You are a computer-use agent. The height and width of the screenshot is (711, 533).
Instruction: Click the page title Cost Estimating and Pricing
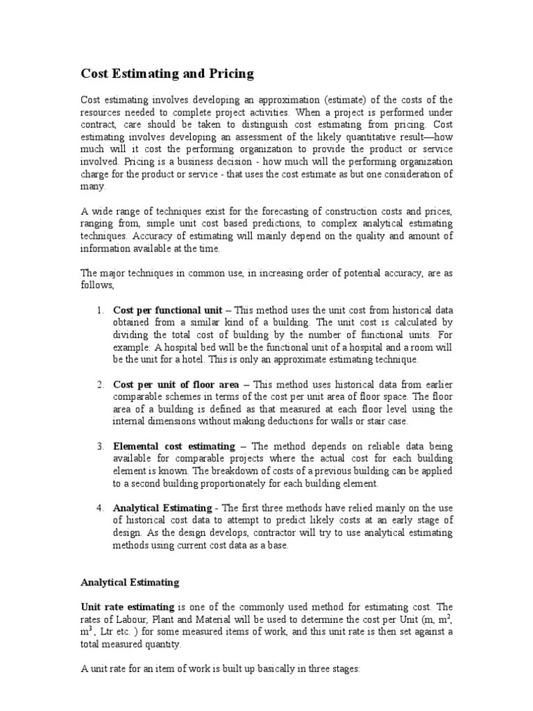coord(167,73)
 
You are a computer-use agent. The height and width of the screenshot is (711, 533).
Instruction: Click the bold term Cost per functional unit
coord(167,310)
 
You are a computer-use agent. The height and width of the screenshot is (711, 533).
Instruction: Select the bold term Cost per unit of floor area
coord(176,384)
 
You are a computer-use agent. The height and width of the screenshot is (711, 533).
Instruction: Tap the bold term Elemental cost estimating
coord(174,446)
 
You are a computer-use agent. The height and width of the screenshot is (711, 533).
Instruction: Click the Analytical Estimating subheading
coord(130,583)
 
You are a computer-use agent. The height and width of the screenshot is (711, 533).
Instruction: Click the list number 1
coord(100,310)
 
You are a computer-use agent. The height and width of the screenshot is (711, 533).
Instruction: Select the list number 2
coord(100,384)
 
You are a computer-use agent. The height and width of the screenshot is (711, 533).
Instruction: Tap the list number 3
coord(100,446)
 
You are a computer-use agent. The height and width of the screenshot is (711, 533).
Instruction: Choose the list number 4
coord(100,508)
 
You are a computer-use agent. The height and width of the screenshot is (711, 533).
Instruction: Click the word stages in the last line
coord(344,669)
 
